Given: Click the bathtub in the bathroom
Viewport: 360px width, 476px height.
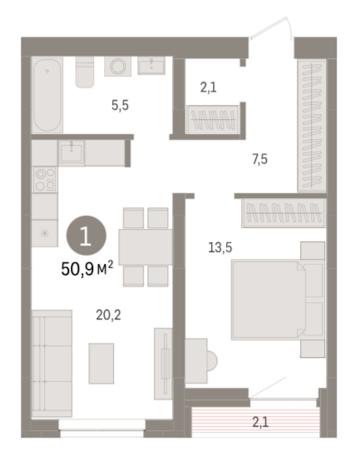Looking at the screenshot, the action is [47, 95].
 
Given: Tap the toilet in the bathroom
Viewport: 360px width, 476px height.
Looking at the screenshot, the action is [85, 72].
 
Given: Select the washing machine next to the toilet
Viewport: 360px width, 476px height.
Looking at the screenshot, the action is [118, 67].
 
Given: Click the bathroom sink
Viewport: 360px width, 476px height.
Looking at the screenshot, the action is [151, 65].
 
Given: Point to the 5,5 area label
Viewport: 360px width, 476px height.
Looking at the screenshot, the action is [120, 106].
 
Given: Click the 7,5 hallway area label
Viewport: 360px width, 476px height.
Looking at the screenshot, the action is [260, 159].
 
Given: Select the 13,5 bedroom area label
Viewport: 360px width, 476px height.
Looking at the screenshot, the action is [219, 247].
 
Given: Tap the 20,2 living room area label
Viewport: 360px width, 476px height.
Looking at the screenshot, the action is [109, 315].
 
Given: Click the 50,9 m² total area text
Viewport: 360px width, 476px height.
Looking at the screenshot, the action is [87, 268].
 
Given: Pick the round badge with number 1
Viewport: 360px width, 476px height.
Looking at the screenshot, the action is [86, 236].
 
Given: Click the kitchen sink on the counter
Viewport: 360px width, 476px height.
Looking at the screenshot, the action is [72, 152].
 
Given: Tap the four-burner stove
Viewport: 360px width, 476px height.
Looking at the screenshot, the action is [45, 180].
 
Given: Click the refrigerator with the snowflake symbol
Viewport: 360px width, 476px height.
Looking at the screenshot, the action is [45, 233].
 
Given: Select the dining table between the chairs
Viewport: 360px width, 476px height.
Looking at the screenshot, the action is [145, 247].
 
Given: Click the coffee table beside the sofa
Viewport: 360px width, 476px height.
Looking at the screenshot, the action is [101, 364].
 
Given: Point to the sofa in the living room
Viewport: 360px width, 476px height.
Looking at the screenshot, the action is [52, 364].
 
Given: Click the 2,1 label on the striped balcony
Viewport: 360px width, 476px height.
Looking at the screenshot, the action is [260, 422].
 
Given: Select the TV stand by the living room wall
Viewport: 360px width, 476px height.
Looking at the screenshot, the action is [163, 364].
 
